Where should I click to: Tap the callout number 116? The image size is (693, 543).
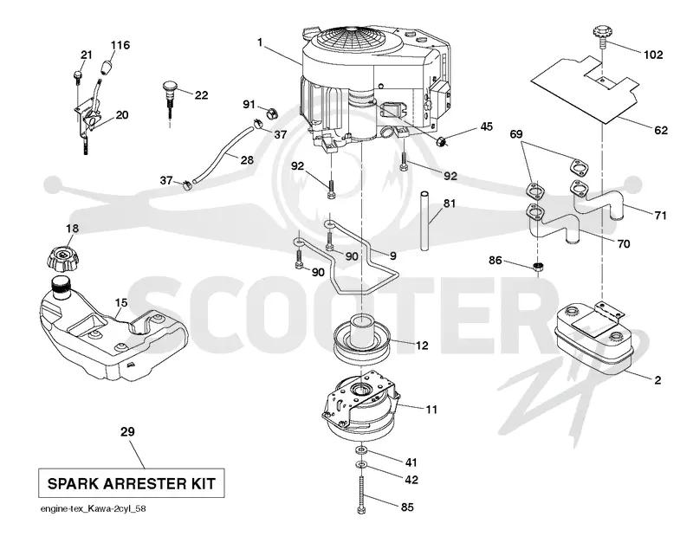coord(120,45)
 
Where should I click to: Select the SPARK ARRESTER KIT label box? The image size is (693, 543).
coord(132,483)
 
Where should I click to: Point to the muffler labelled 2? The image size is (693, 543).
coord(593,340)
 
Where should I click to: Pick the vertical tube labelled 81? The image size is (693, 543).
coord(425,221)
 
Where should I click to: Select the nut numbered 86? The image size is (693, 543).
coord(537,267)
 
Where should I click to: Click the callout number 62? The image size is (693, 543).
coord(661,131)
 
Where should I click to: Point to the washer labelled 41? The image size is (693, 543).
coord(361,449)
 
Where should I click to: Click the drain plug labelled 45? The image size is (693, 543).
coord(441,141)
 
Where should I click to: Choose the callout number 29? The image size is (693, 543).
coord(127,431)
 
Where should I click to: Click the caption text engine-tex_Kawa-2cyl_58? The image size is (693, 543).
coord(94,508)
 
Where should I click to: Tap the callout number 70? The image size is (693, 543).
coord(623,243)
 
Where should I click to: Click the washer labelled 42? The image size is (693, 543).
coord(361,465)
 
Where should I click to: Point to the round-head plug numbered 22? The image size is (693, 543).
coord(171,93)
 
